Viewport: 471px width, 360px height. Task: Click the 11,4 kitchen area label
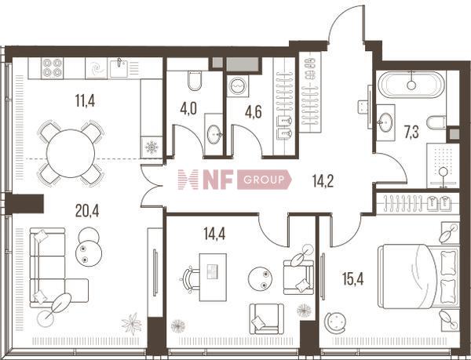(x=86, y=100)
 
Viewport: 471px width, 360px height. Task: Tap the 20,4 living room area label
(x=87, y=211)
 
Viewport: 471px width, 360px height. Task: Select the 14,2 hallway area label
(x=323, y=181)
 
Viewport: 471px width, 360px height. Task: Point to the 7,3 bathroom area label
(x=411, y=133)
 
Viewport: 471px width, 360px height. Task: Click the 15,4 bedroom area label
(x=353, y=279)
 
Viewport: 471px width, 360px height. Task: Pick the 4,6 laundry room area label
(x=254, y=111)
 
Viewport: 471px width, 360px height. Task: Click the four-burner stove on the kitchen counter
(x=53, y=68)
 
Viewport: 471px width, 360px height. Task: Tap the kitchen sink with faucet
(x=119, y=68)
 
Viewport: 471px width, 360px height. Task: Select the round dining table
(x=71, y=153)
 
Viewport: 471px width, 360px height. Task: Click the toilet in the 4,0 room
(x=195, y=81)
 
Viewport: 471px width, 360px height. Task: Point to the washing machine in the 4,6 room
(x=238, y=85)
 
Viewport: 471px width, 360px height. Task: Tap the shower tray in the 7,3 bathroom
(x=443, y=165)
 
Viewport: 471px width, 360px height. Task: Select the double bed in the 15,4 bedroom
(x=418, y=277)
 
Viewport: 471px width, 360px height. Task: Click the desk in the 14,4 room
(x=213, y=277)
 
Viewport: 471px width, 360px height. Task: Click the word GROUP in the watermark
(x=264, y=180)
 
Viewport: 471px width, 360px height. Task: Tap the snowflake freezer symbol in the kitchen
(x=152, y=147)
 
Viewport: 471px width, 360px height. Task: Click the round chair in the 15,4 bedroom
(x=335, y=322)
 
